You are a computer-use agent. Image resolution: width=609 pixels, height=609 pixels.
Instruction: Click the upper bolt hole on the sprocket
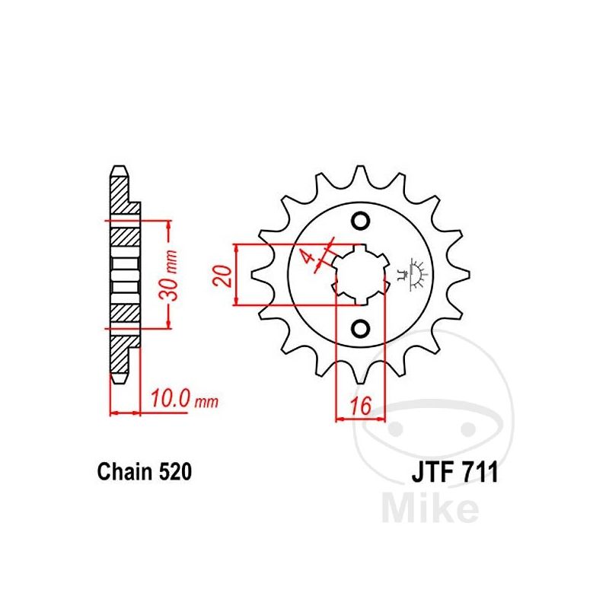point(360,221)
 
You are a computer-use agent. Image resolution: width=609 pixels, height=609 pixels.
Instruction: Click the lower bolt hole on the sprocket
point(360,329)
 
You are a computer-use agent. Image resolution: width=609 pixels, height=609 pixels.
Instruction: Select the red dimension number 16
point(361,406)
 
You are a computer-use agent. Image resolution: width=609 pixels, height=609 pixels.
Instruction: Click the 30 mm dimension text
point(170,276)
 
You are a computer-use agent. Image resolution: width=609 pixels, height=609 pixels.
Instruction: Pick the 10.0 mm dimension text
point(184,399)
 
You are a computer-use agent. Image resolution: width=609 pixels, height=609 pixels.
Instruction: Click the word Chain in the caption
point(125,471)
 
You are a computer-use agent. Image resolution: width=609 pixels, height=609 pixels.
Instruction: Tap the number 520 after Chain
point(175,471)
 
